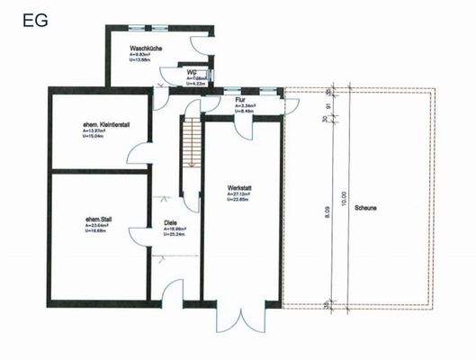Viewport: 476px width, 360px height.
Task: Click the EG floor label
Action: (x=37, y=17)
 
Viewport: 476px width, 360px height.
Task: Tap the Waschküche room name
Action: (x=145, y=47)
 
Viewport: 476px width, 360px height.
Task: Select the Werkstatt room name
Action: (x=241, y=186)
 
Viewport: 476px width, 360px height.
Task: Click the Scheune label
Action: (x=365, y=206)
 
